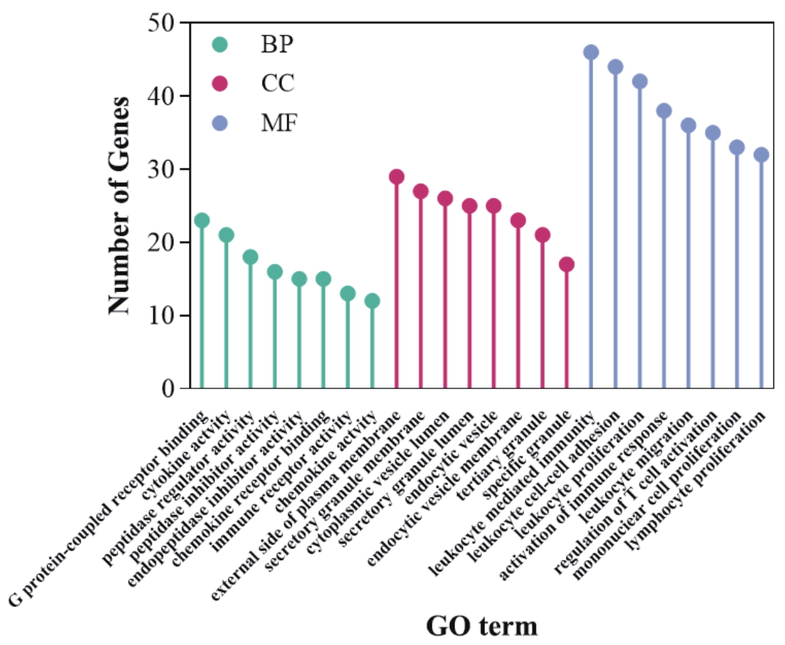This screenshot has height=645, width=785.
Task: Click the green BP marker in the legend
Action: tap(220, 44)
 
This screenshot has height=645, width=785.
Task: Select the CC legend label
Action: tap(278, 84)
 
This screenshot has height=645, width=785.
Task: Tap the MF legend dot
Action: tap(220, 123)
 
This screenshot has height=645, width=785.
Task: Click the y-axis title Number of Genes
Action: tap(121, 206)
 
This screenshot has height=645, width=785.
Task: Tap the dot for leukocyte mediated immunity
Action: tap(591, 52)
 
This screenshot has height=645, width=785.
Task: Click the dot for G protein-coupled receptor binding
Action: tap(202, 220)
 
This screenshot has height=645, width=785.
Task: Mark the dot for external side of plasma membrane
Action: tap(396, 177)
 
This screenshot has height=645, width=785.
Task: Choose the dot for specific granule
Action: tap(567, 264)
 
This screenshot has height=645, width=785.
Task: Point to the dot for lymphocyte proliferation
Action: tap(761, 155)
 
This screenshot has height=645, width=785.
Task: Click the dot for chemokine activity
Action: tap(372, 301)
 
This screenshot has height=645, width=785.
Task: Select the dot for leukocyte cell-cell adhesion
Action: tap(615, 67)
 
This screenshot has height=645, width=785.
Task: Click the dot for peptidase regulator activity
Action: tap(251, 257)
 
